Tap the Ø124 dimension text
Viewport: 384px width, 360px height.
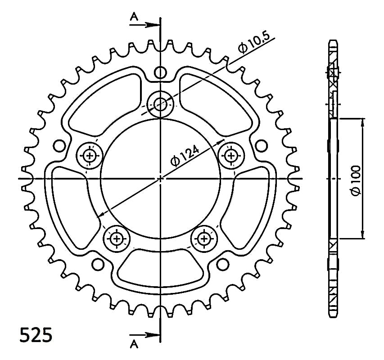click(185, 156)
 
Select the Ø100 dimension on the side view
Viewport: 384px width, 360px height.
click(356, 181)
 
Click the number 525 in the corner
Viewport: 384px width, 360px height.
click(36, 335)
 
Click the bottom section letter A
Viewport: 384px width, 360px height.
click(134, 344)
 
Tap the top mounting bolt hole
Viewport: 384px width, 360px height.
click(160, 104)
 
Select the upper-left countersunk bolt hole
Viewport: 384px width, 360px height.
click(89, 155)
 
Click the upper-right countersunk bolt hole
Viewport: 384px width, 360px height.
click(231, 155)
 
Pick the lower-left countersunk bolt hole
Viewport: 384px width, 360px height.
click(116, 238)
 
